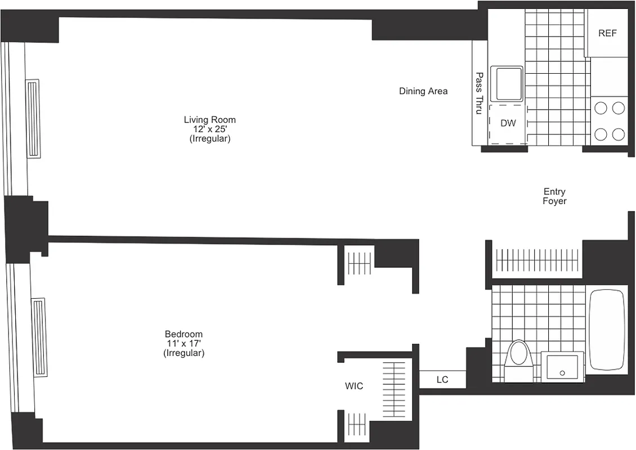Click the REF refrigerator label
[607, 33]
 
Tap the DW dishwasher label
[508, 124]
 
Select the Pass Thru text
[479, 93]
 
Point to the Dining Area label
[423, 91]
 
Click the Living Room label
[209, 120]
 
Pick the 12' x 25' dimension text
[209, 129]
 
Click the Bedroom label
[183, 334]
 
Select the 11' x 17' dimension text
[183, 344]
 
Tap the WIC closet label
[354, 386]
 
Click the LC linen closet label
[442, 380]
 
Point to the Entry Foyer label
[554, 196]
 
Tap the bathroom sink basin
[562, 367]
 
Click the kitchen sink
[507, 84]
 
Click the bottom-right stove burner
[619, 134]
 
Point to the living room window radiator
[33, 118]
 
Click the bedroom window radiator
[40, 337]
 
